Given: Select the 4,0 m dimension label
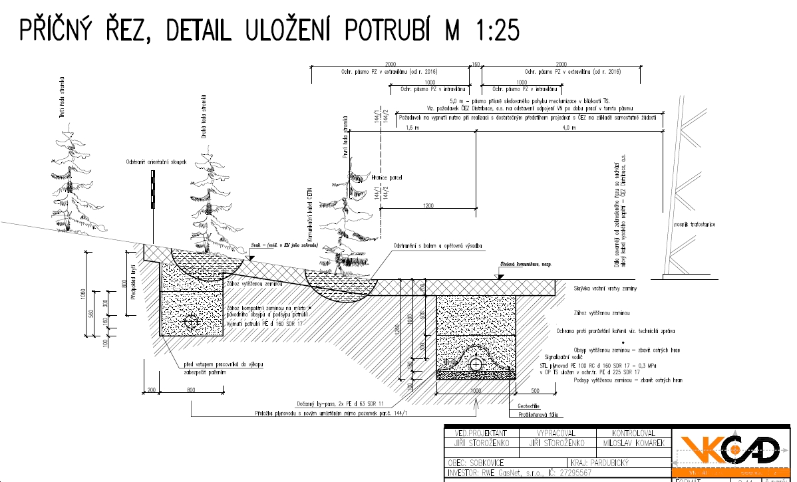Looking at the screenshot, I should click(x=569, y=128).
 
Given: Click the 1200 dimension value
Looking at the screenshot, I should click(x=428, y=205).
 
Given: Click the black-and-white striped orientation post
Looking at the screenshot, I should click(x=152, y=189).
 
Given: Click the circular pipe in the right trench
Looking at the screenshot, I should click(x=476, y=364).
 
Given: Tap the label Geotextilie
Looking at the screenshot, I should click(x=527, y=405).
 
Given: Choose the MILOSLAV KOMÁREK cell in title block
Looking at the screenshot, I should click(x=635, y=443).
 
